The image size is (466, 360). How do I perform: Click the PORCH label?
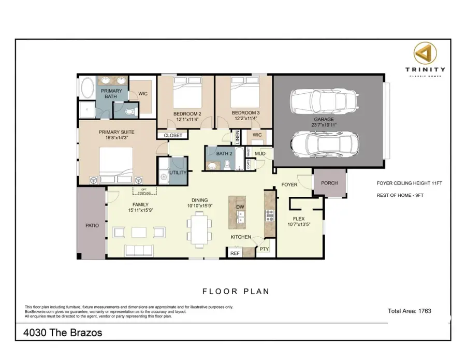pos(329,183)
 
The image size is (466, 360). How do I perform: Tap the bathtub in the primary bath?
pos(86,88)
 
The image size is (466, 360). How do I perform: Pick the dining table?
pos(199,229)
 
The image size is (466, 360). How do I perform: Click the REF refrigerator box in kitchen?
pos(235,253)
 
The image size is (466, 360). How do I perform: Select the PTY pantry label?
pos(264,249)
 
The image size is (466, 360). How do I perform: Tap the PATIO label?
pos(92,226)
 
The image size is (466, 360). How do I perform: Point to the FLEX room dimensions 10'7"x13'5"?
pos(298,225)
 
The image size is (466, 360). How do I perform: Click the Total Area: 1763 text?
pos(409,311)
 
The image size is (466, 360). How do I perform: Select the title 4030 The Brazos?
pos(63,333)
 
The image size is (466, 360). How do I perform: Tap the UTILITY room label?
pos(178,172)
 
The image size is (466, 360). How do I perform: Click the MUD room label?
pos(260,154)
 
